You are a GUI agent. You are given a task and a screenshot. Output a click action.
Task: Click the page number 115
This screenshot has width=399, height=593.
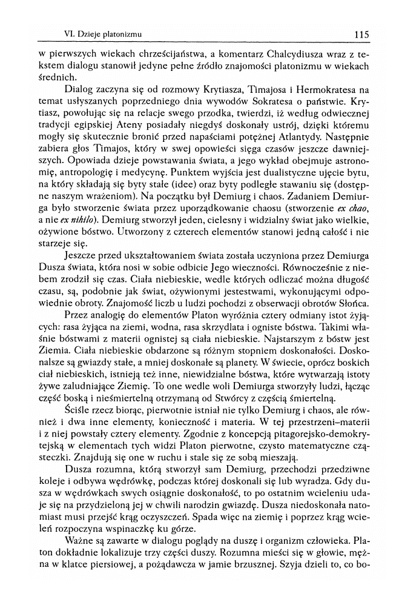point(362,34)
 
